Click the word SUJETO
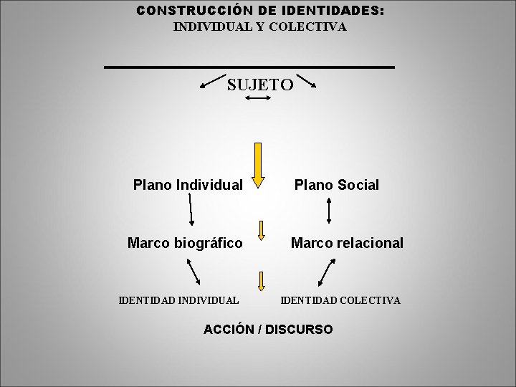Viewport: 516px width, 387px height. (x=260, y=85)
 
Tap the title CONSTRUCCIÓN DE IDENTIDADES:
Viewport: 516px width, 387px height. (x=260, y=11)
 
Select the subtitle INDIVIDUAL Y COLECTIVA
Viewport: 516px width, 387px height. (x=260, y=27)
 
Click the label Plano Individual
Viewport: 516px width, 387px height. (x=188, y=185)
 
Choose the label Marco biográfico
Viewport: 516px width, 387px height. (x=184, y=243)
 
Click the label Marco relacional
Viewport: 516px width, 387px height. (x=347, y=243)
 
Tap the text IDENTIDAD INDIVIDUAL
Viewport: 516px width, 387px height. (x=178, y=300)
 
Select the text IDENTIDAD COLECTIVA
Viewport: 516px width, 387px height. (x=340, y=300)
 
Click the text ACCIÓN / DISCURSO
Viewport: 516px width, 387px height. (x=268, y=329)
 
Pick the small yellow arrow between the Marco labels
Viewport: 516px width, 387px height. (x=262, y=229)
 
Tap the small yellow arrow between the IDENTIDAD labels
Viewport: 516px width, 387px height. (x=262, y=282)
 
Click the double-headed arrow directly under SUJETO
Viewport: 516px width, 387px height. (x=257, y=99)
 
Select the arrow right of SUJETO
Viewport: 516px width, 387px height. (x=307, y=79)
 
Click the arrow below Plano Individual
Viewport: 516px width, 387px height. (x=191, y=210)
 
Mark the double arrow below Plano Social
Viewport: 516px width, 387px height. (x=328, y=211)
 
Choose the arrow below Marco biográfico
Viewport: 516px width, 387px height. (x=193, y=272)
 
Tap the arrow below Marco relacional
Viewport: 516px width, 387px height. (x=326, y=273)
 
